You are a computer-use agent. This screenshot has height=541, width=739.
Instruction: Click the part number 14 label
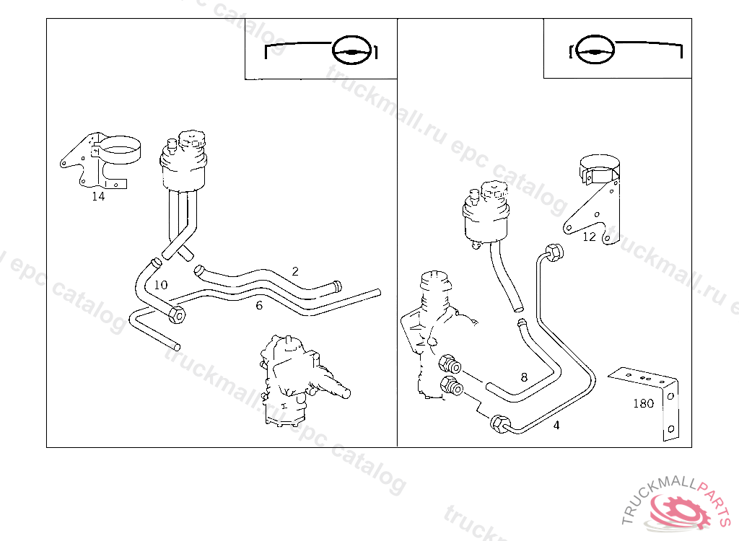tap(98, 196)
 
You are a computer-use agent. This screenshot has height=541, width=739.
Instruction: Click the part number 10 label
tap(160, 285)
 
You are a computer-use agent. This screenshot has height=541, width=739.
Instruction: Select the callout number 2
tap(295, 271)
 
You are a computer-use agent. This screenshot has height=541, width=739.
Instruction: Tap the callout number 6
tap(258, 305)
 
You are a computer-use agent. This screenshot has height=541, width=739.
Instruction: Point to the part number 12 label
tap(590, 237)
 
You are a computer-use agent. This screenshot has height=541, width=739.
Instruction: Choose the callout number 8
tap(524, 377)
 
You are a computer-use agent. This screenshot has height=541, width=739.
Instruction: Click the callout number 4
tap(556, 426)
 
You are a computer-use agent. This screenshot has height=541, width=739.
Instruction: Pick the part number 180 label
tap(643, 404)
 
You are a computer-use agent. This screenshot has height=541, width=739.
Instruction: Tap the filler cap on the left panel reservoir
tap(193, 138)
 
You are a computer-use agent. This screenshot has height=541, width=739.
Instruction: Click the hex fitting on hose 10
tap(177, 314)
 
